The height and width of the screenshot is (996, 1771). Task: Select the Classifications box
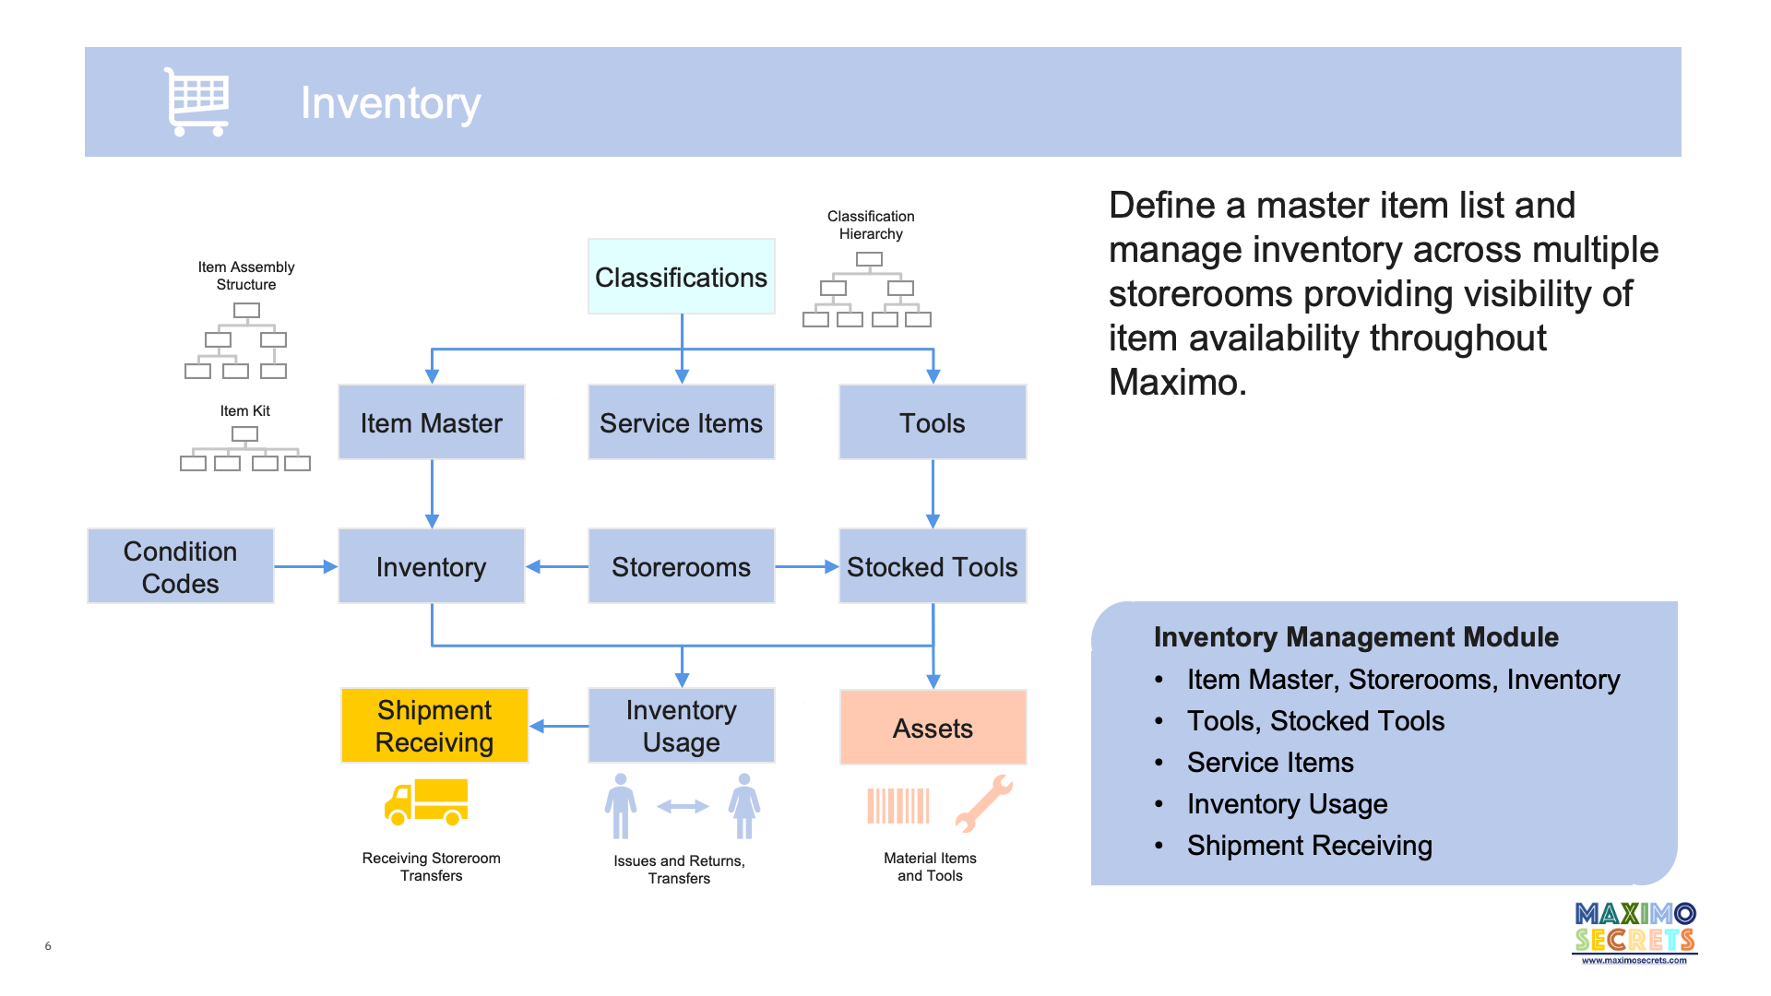(681, 277)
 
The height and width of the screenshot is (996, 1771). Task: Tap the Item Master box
(431, 422)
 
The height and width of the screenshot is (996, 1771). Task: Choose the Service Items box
(681, 422)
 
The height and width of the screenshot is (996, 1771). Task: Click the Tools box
(932, 422)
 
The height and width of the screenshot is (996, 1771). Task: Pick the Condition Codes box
(181, 566)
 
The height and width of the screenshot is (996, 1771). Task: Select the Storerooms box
(681, 566)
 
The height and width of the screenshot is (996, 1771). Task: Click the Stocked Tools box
(932, 566)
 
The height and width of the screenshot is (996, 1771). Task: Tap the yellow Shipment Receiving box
(434, 726)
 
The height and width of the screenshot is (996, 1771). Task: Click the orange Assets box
(933, 728)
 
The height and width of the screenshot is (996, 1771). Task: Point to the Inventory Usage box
(681, 726)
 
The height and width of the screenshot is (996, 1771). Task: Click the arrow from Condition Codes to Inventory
(305, 566)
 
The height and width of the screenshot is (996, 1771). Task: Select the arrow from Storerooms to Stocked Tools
(806, 566)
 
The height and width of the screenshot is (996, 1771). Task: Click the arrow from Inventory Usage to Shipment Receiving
(559, 726)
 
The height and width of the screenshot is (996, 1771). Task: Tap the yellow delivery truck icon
(426, 801)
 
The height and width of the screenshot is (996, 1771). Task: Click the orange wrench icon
(983, 803)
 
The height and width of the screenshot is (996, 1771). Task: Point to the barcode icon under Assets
(897, 805)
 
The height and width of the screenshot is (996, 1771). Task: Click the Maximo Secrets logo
(1634, 931)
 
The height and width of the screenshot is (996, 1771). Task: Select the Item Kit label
(244, 410)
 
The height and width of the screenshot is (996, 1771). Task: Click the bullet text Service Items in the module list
(1270, 763)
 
